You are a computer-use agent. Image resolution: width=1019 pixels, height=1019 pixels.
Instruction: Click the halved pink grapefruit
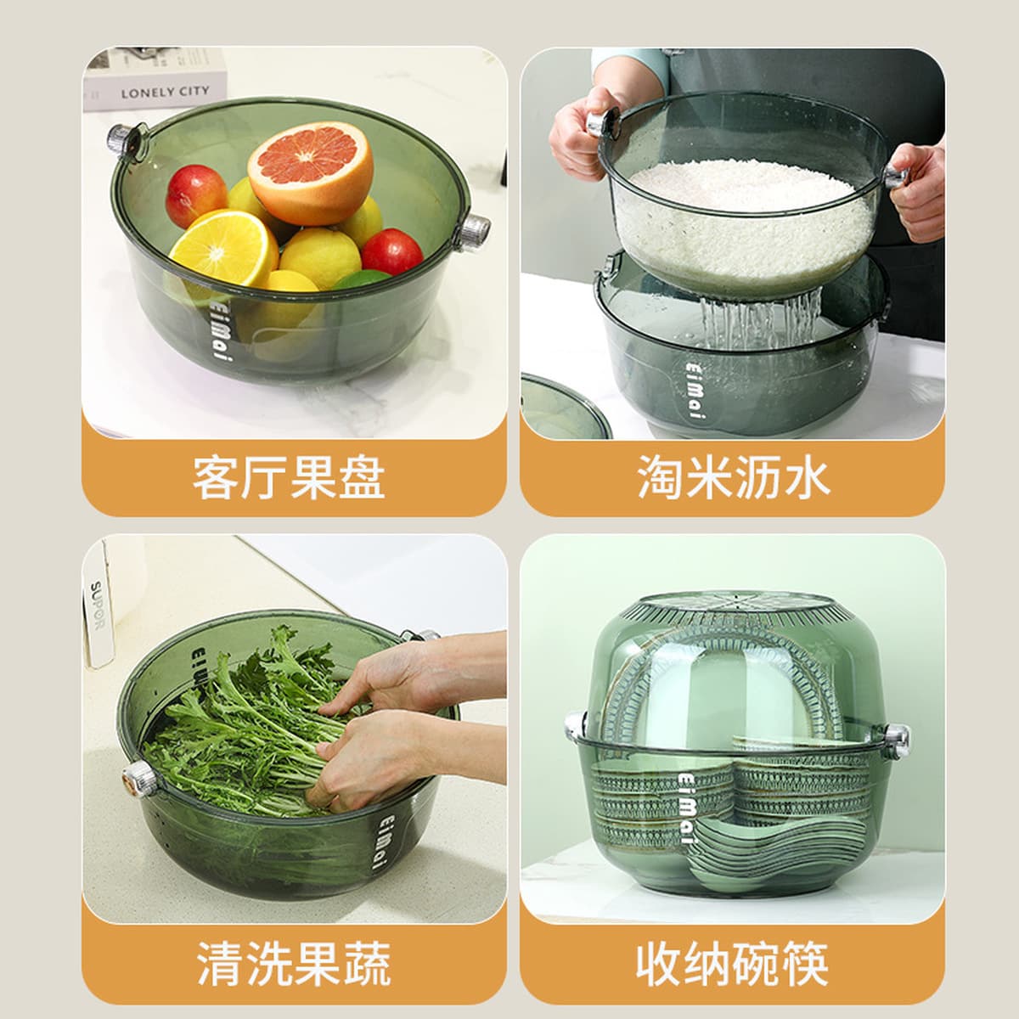311,172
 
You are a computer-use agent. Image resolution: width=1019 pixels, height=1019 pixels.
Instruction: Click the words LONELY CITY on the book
165,93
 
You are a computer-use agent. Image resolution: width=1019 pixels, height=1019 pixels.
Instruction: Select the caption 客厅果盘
289,478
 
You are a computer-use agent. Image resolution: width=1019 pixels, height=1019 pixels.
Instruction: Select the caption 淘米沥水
733,477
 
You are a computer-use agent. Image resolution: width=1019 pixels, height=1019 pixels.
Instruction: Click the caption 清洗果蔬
294,962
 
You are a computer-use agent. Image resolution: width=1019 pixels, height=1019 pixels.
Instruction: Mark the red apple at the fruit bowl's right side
391,252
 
